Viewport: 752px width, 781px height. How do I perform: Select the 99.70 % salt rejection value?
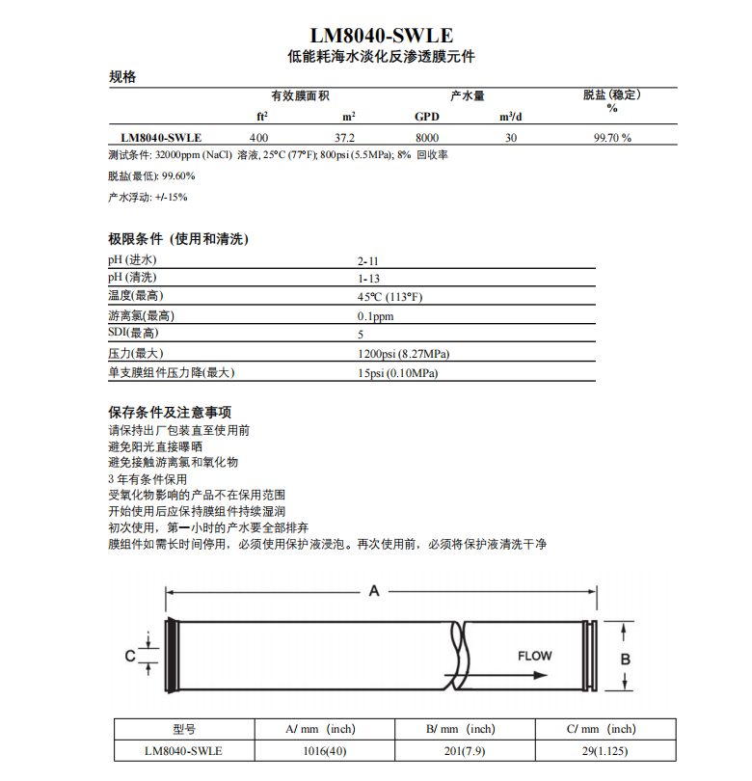612,138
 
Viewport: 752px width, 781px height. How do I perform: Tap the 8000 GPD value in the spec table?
426,138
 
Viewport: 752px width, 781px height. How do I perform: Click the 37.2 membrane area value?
345,138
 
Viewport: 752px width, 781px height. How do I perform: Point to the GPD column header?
426,117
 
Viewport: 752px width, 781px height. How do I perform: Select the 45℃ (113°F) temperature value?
389,297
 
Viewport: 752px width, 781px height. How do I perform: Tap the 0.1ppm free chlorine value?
375,316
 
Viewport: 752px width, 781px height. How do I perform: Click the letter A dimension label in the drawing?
375,591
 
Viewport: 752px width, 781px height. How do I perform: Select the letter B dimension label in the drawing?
625,658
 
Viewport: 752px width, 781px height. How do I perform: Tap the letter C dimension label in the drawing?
129,657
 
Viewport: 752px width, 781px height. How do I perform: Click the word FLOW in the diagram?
535,657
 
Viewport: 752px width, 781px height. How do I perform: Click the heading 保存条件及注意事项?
170,412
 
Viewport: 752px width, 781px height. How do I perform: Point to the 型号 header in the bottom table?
184,729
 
